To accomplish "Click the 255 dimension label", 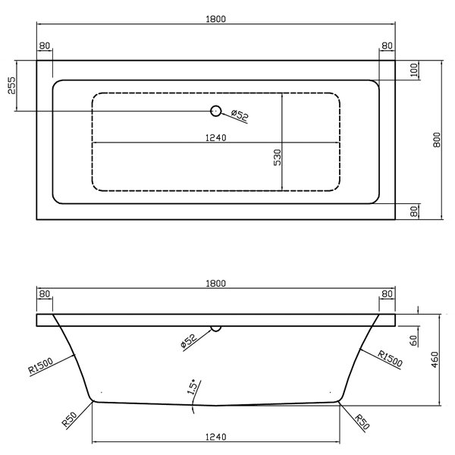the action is point(11,85).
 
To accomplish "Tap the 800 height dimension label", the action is point(437,140).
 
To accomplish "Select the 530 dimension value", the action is point(278,157).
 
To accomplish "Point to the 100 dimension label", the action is point(414,70).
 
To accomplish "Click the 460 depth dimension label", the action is point(435,359).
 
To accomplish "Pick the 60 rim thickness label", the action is point(413,340).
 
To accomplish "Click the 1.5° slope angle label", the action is point(193,387).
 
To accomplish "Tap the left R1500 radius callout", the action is point(41,366).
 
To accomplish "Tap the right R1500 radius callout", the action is point(390,359).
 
